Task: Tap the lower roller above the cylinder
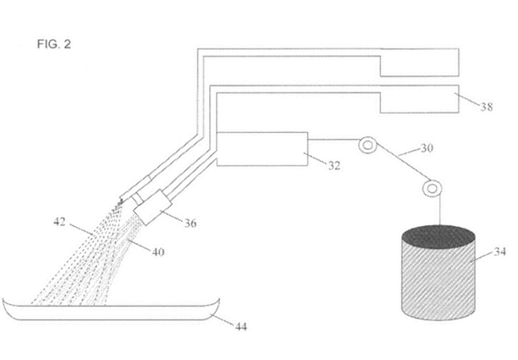[433, 186]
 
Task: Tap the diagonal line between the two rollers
[401, 166]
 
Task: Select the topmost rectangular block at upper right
[418, 62]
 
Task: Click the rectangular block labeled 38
[418, 99]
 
